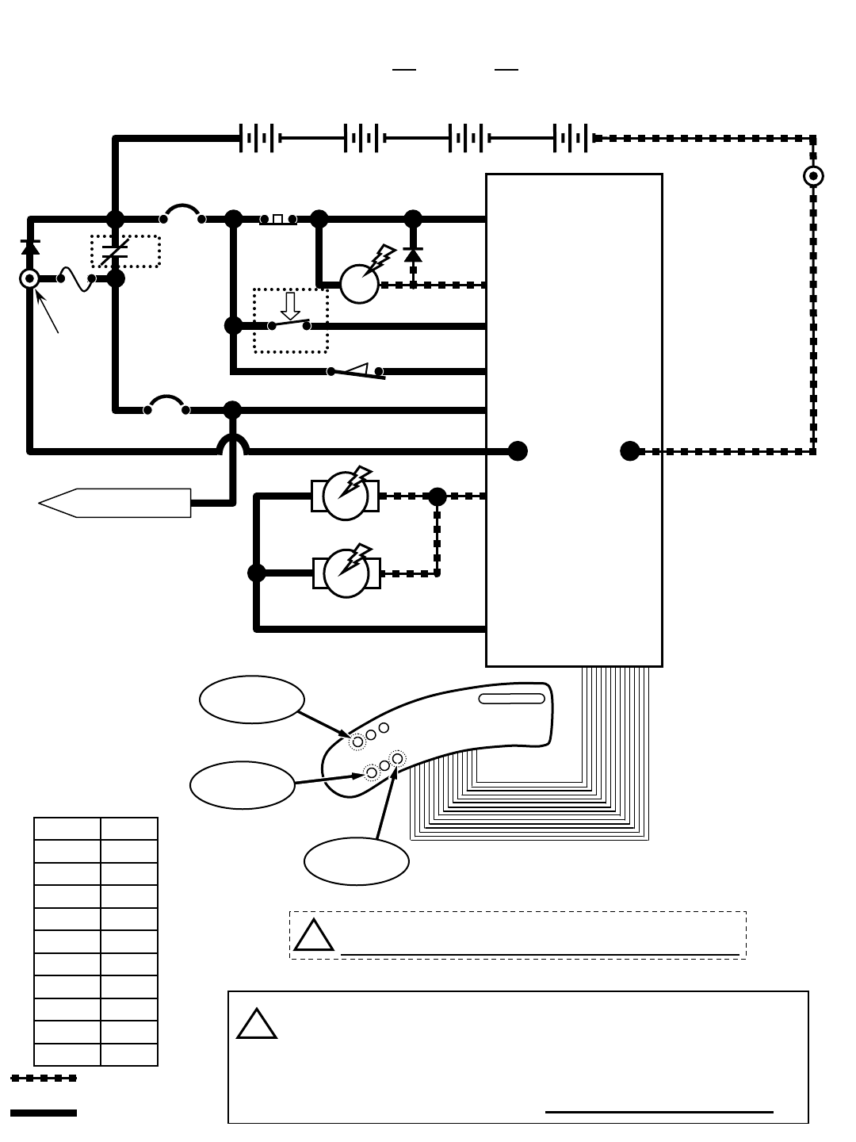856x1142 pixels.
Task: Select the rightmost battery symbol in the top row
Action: [x=571, y=138]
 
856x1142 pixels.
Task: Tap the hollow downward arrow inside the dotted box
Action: [x=290, y=306]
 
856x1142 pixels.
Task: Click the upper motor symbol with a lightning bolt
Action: [x=346, y=496]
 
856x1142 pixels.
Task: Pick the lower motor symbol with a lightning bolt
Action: [x=346, y=573]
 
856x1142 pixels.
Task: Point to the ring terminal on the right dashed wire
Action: [x=813, y=176]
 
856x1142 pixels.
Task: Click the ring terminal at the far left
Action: [x=30, y=278]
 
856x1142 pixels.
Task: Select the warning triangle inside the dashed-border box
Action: [x=313, y=936]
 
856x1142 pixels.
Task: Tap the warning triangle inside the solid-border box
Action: [x=257, y=1025]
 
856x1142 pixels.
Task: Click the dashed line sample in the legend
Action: [x=44, y=1078]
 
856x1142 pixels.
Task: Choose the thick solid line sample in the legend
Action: [x=44, y=1113]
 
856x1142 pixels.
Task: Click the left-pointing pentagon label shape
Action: [x=115, y=503]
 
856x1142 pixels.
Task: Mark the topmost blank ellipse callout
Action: [x=252, y=699]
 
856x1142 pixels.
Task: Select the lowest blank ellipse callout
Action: [x=357, y=861]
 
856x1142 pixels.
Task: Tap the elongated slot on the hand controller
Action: [x=512, y=699]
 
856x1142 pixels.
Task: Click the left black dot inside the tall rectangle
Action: [x=518, y=451]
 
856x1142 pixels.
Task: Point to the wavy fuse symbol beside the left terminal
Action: [x=76, y=279]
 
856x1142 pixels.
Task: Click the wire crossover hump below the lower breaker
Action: [x=232, y=444]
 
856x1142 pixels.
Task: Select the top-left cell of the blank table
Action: [x=67, y=829]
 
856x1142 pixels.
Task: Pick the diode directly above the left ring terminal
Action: [x=30, y=247]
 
